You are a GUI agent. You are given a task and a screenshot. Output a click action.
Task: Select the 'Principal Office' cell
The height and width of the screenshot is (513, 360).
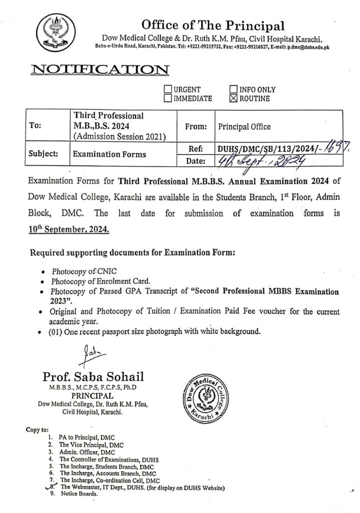(244, 128)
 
